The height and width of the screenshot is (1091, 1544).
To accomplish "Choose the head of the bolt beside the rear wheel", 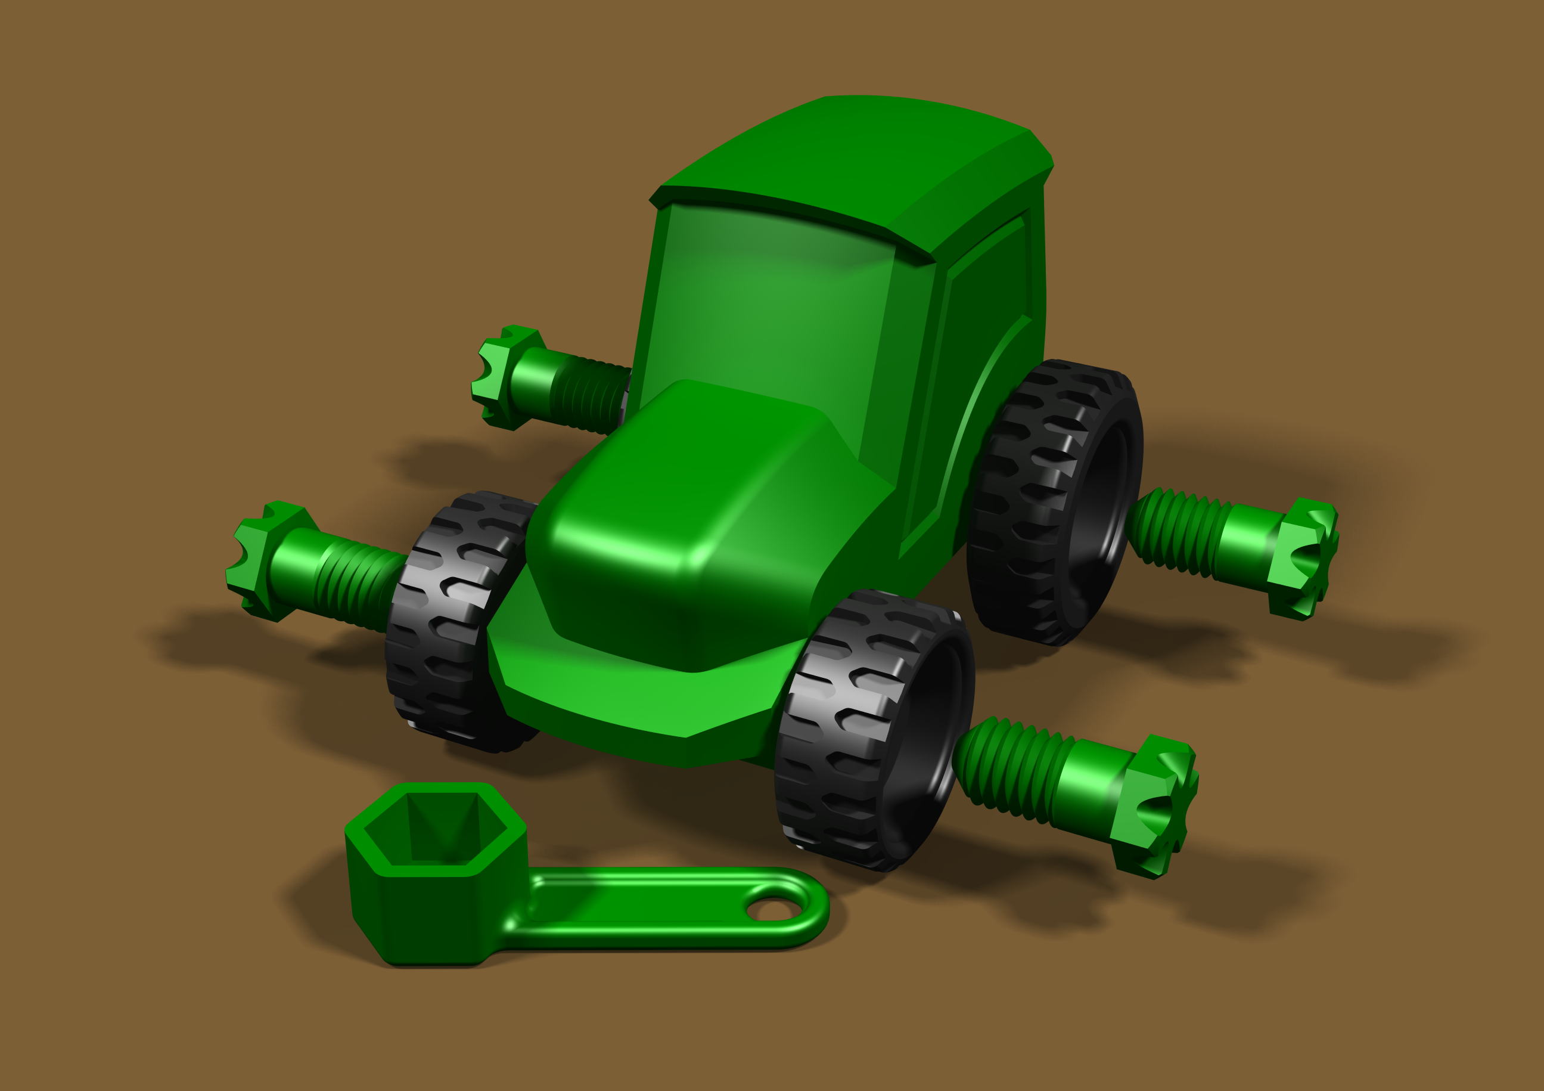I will pos(1301,558).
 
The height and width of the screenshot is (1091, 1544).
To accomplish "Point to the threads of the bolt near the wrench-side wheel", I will pos(1009,767).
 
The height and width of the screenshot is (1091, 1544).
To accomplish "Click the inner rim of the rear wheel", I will pos(1103,511).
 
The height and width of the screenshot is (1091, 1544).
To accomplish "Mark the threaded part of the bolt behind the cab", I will pos(592,397).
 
